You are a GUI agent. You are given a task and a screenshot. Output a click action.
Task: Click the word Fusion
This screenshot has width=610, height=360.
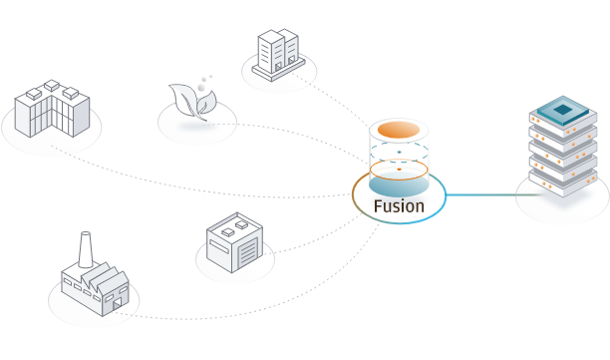(399, 206)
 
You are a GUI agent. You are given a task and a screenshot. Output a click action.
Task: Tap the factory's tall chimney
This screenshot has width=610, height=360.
(85, 249)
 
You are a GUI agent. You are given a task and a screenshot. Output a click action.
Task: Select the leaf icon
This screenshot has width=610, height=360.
(192, 102)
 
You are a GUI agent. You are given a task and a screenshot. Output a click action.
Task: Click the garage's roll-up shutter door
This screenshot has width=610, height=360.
(248, 252)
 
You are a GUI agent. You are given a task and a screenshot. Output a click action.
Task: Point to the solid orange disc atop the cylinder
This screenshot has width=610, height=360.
(399, 130)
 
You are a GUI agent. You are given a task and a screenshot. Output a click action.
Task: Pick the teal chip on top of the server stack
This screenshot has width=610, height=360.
(562, 110)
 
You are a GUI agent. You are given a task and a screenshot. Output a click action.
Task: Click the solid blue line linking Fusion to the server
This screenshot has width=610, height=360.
(494, 194)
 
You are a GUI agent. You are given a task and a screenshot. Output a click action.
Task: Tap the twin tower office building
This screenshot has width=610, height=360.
(278, 55)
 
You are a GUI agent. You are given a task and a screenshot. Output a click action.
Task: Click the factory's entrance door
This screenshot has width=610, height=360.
(117, 305)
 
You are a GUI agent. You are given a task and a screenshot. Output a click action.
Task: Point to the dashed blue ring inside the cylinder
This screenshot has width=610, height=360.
(399, 152)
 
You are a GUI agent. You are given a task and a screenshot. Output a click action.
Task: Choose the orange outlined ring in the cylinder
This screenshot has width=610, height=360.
(399, 170)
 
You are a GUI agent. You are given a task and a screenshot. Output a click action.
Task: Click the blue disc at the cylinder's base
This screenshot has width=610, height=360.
(399, 184)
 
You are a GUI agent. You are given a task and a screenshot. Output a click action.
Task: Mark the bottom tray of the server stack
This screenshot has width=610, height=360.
(562, 182)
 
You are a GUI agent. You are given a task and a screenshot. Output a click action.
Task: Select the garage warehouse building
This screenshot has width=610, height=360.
(234, 242)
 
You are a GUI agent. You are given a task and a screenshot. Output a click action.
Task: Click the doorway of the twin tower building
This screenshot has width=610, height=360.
(278, 67)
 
